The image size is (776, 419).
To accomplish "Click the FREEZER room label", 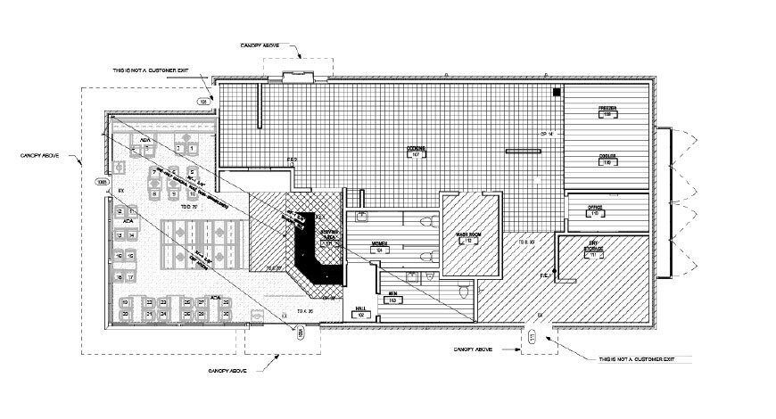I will coord(607,111).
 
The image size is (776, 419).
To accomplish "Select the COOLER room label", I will coord(607,160).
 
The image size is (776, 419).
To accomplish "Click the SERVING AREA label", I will coord(328,235).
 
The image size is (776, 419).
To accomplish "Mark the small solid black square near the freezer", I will coord(556,92).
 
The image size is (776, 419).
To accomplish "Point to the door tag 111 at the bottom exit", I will coord(532,338).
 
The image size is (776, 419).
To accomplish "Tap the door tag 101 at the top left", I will coord(203,103).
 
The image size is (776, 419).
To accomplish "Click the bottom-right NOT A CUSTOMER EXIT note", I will coord(640,358).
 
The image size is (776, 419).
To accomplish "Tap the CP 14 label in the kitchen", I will coord(548,134).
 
